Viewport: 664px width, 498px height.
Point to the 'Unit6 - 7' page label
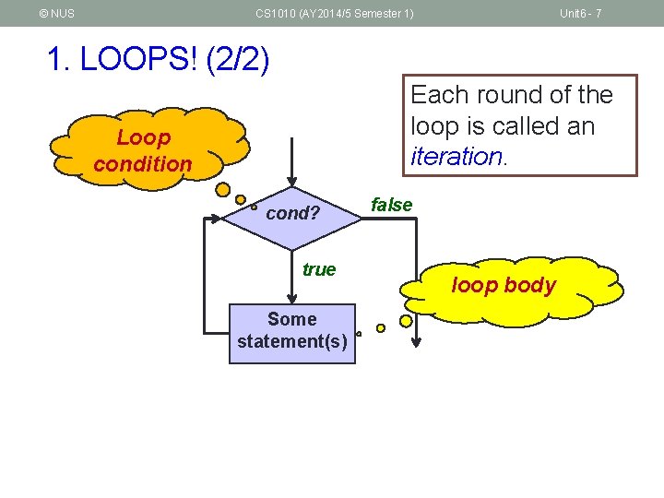pyautogui.click(x=581, y=14)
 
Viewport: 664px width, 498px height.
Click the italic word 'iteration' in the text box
pyautogui.click(x=456, y=156)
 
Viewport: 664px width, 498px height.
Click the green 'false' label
pyautogui.click(x=391, y=205)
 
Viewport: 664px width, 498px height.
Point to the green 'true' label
pyautogui.click(x=319, y=269)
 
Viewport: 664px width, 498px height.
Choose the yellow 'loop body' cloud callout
pyautogui.click(x=504, y=285)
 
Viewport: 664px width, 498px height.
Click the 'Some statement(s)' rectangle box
pyautogui.click(x=291, y=331)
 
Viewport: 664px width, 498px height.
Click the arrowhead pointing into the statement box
pyautogui.click(x=291, y=298)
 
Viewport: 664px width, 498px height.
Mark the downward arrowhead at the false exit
pyautogui.click(x=416, y=341)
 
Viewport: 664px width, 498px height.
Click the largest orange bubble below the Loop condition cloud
pyautogui.click(x=222, y=190)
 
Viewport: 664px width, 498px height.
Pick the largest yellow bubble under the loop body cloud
pyautogui.click(x=406, y=321)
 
